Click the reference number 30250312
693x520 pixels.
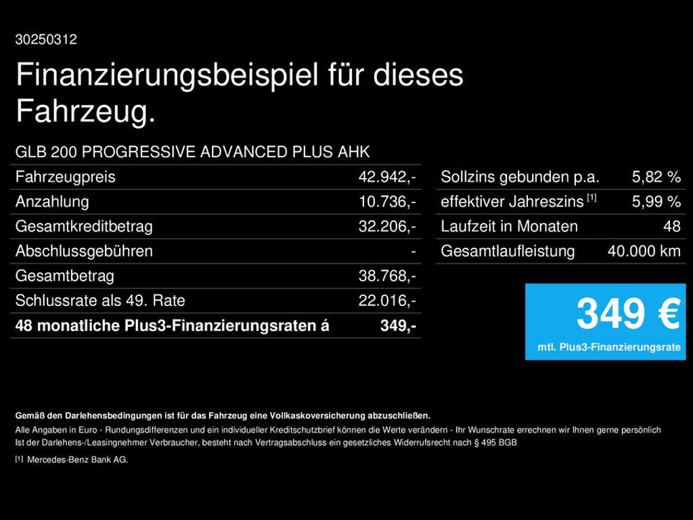pos(46,40)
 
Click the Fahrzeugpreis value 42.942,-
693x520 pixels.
pos(386,177)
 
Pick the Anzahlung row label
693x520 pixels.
pos(52,202)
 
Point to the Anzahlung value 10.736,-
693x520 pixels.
pos(386,202)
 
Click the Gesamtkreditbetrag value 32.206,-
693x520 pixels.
pos(386,227)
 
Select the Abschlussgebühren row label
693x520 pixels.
pos(84,251)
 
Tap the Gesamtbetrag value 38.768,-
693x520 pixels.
pos(386,276)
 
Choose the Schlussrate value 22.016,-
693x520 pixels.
pos(386,301)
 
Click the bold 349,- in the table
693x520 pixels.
pos(398,326)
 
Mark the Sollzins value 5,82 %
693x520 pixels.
pos(656,177)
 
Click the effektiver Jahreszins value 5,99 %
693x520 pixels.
pos(656,202)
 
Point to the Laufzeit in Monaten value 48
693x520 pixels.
pos(672,227)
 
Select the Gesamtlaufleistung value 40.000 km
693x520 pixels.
pos(644,251)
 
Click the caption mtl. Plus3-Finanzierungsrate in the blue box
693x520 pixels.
pos(609,347)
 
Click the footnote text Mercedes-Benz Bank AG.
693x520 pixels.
pos(77,460)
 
